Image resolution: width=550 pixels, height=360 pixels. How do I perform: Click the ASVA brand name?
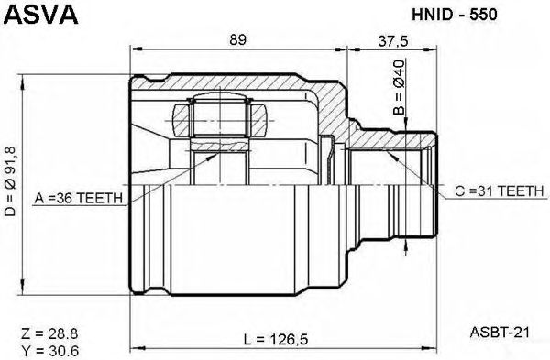coord(41,15)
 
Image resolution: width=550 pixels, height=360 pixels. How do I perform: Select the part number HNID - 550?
coord(455,15)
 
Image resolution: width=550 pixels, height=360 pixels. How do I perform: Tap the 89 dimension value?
coord(238,39)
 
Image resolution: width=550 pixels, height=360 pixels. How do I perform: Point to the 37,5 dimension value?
coord(393,41)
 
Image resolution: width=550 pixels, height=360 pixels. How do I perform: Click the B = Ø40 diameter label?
coord(399,87)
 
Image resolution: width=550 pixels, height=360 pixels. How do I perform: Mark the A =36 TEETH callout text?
coord(79,199)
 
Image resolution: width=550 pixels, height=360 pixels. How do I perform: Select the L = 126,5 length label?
coord(276,339)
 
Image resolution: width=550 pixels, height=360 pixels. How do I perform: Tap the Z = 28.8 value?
coord(49,333)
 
